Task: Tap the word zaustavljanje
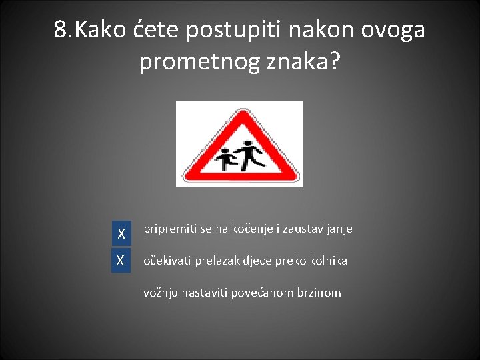[x=317, y=229]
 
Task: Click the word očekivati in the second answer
[x=167, y=261]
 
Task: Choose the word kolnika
[x=327, y=261]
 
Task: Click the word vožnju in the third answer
[x=161, y=292]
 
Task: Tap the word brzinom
[x=319, y=292]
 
